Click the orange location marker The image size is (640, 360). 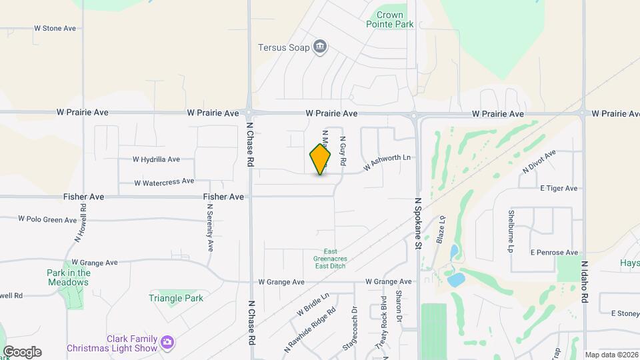click(x=320, y=159)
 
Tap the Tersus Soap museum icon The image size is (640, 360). click(x=321, y=47)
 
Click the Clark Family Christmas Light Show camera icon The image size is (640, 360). click(x=167, y=343)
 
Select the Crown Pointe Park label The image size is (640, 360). click(x=390, y=19)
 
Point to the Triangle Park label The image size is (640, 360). click(x=176, y=298)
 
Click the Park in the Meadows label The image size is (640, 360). click(x=68, y=277)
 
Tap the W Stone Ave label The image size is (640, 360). click(x=55, y=29)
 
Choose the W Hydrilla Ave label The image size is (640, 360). click(x=157, y=159)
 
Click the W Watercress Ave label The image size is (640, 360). click(x=164, y=181)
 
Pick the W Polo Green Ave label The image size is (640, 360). click(x=47, y=219)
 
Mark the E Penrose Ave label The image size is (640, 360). click(x=554, y=253)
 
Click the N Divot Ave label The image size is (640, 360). click(x=539, y=162)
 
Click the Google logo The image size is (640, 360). click(x=22, y=351)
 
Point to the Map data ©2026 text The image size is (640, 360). click(x=610, y=355)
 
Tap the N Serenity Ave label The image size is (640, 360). click(x=209, y=227)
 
